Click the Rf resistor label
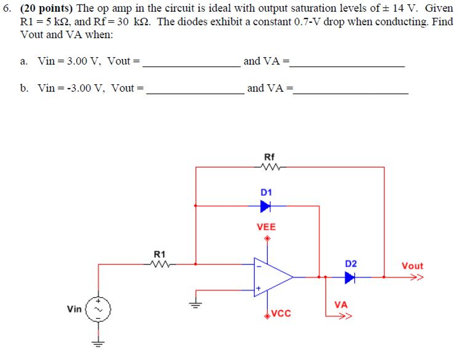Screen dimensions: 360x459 coord(269,157)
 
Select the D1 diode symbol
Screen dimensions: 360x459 coord(265,206)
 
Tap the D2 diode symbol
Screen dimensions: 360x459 coord(350,278)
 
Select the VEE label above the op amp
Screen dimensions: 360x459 coord(266,227)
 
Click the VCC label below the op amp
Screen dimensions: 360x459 coord(281,314)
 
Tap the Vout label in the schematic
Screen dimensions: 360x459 coord(412,266)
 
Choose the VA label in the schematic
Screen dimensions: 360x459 coord(341,305)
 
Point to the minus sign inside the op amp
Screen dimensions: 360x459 coord(258,266)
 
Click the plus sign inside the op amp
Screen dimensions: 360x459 coord(258,288)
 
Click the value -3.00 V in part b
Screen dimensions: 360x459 coord(81,88)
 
